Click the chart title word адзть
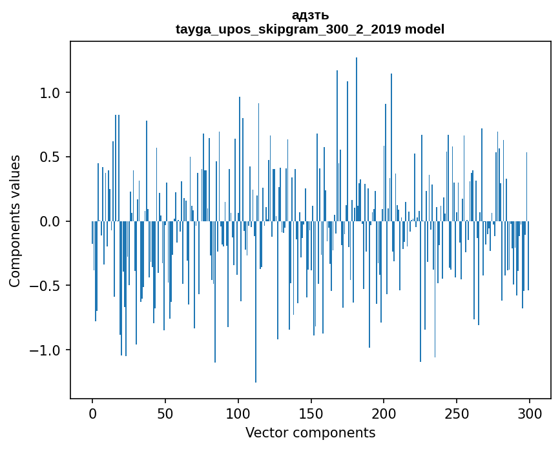pyautogui.click(x=310, y=15)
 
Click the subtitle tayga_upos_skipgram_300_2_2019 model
pyautogui.click(x=310, y=29)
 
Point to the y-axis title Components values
pyautogui.click(x=15, y=221)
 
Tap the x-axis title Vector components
pyautogui.click(x=310, y=433)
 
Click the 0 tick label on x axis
pyautogui.click(x=92, y=413)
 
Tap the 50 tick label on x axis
pyautogui.click(x=165, y=413)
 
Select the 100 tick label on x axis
pyautogui.click(x=238, y=413)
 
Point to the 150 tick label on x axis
pyautogui.click(x=311, y=413)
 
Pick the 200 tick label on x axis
pyautogui.click(x=384, y=413)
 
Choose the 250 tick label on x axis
pyautogui.click(x=457, y=413)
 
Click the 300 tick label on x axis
pyautogui.click(x=530, y=413)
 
